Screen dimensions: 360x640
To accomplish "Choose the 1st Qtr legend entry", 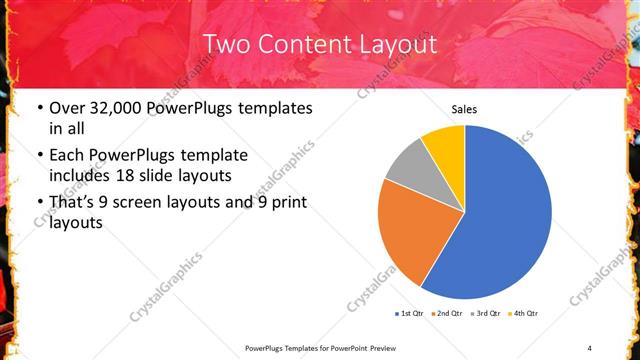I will tap(410, 314).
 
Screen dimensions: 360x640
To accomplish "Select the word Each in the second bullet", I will tap(67, 156).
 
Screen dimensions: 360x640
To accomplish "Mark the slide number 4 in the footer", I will tap(590, 347).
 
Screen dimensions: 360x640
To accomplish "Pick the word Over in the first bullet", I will tap(67, 107).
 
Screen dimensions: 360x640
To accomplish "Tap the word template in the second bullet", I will tap(211, 156).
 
